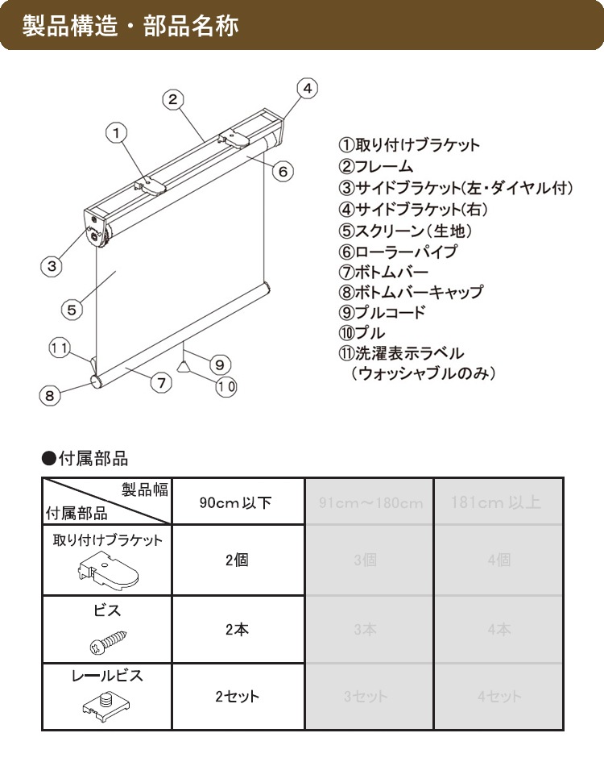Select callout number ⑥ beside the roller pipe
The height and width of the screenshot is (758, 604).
coord(281,171)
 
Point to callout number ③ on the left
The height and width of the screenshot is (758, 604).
coord(51,265)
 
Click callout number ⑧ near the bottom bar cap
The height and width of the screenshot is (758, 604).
coord(49,395)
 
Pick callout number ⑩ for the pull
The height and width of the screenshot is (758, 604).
coord(226,386)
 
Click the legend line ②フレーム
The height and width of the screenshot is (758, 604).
coord(375,167)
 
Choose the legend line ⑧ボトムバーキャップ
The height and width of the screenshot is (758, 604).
coord(410,292)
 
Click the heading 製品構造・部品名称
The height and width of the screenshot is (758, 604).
coord(129,25)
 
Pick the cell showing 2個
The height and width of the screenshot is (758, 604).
coord(237,560)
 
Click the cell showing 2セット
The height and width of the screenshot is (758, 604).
coord(237,697)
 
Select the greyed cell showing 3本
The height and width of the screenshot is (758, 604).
coord(365,630)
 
